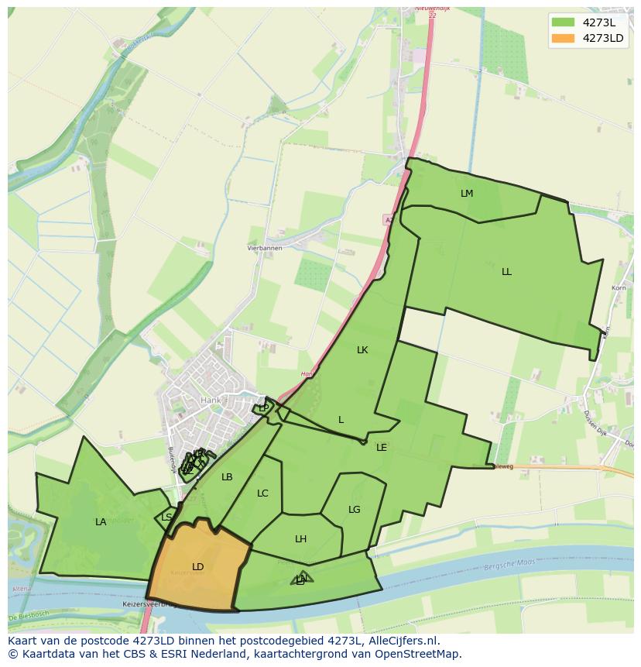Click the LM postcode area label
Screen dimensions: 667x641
coord(466,194)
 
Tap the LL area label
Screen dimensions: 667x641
coord(506,272)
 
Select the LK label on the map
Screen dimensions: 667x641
coord(362,350)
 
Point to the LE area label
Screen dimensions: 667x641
coord(382,448)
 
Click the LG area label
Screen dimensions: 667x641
coord(355,510)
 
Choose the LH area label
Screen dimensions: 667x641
coord(301,539)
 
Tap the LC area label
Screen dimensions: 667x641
coord(262,493)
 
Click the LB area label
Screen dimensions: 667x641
coord(227,477)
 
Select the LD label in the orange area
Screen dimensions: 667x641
coord(198,567)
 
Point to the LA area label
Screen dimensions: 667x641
coord(101,522)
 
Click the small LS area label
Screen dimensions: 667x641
coord(167,517)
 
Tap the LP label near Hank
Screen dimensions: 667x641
coord(264,408)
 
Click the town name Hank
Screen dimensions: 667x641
coord(211,401)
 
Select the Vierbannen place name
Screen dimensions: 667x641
coord(265,248)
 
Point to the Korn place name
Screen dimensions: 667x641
coord(619,288)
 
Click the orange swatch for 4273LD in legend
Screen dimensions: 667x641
coord(564,38)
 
